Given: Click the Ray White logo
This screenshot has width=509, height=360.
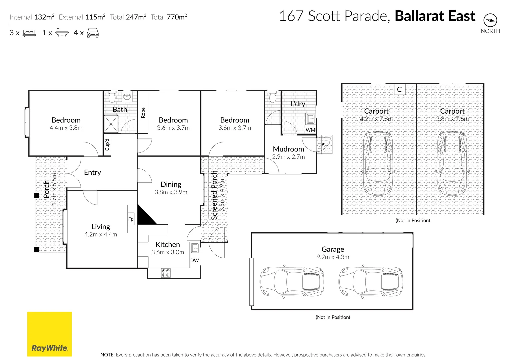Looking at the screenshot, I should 49,334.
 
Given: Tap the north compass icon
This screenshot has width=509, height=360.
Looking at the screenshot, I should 490,20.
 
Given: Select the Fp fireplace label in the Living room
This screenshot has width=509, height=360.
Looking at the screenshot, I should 131,219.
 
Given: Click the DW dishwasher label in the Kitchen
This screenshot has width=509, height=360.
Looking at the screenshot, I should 194,260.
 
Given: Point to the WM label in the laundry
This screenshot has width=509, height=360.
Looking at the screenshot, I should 310,130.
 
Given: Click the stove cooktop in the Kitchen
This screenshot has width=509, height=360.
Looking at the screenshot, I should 166,273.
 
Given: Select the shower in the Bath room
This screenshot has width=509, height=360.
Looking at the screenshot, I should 111,124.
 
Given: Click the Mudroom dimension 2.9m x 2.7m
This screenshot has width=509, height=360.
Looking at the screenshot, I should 288,157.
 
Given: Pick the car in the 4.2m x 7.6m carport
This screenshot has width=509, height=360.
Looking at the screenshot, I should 377,163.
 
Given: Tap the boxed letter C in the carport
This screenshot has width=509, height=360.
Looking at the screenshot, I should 399,89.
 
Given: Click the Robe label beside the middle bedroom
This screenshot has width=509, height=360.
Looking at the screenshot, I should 143,113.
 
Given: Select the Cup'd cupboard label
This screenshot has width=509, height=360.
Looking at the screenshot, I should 107,145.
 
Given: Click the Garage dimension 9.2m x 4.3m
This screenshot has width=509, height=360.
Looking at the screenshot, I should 333,257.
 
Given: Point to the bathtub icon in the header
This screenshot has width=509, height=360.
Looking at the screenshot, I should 62,33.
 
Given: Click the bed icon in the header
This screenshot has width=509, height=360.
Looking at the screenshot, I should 29,33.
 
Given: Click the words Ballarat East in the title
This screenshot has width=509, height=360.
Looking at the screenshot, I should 435,16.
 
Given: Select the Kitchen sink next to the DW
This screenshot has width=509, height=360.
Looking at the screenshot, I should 195,248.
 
